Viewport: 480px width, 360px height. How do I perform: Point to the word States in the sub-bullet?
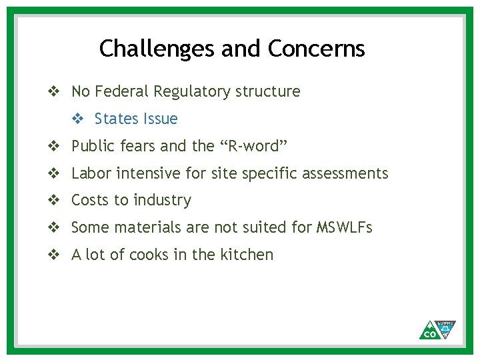pos(116,119)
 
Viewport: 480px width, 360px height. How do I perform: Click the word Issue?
pos(159,119)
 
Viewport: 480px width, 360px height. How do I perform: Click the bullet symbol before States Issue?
pos(77,119)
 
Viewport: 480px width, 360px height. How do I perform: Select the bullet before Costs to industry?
pos(54,201)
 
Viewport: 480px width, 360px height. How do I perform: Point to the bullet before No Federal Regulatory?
pos(54,91)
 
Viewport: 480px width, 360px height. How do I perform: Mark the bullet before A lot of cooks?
pos(54,255)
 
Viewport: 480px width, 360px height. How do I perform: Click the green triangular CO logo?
pos(437,329)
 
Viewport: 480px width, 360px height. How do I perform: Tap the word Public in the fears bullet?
pos(93,146)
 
